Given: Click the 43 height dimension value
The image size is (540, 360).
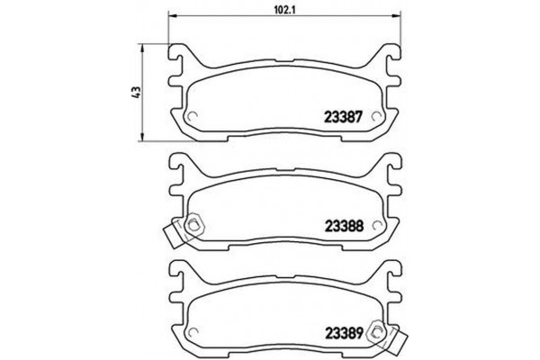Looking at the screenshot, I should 135,94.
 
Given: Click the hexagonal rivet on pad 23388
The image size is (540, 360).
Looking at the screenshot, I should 195,225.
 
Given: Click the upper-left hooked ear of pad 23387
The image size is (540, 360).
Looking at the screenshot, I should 178,58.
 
